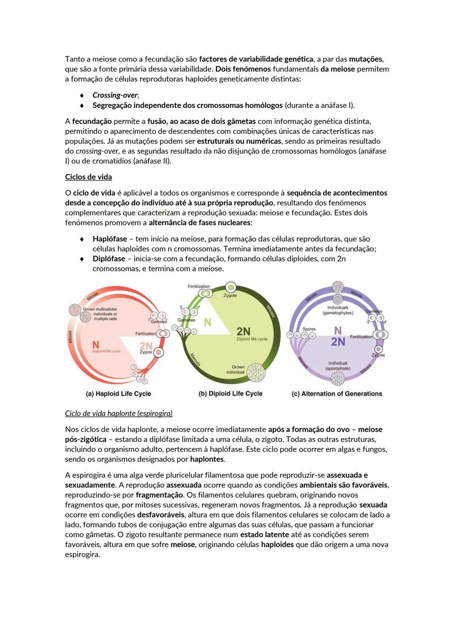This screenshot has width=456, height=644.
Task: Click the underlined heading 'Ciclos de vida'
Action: pos(88,177)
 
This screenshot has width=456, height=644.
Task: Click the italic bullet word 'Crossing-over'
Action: pos(115,95)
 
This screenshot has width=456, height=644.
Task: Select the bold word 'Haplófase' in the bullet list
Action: pos(110,239)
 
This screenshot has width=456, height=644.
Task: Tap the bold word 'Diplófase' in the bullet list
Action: pos(109,259)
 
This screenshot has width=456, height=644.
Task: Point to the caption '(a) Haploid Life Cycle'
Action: pos(118,394)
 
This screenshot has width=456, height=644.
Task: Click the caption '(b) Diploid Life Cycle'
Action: pos(231,394)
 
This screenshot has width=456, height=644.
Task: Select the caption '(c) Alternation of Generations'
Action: pos(337,394)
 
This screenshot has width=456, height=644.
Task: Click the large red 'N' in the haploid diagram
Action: pos(96,345)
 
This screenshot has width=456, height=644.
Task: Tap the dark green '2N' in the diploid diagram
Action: pos(243,331)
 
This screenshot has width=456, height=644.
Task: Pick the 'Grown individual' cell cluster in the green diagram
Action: pos(255,373)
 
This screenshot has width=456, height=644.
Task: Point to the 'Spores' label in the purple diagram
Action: pos(309,329)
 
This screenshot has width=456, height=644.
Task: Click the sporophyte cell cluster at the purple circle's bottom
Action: pos(338,378)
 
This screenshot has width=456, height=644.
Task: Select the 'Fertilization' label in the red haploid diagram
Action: pos(146,334)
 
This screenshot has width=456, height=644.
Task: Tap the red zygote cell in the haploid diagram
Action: pos(158,352)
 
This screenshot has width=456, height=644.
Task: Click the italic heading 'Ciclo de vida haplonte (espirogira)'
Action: pos(119,414)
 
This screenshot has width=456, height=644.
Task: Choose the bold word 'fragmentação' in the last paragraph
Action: pos(160,495)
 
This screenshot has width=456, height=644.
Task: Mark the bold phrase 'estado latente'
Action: pos(265,535)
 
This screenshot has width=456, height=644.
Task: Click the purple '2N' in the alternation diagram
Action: pos(338,342)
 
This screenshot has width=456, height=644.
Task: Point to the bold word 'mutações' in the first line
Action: pos(366,59)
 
